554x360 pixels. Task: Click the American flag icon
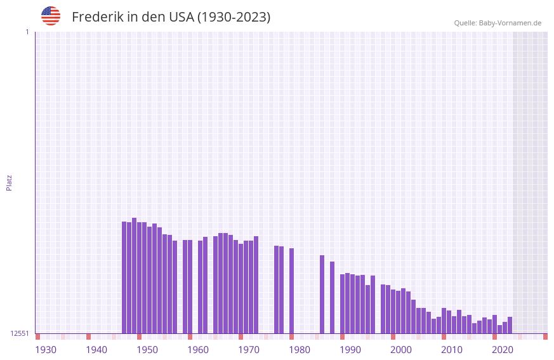pyautogui.click(x=51, y=16)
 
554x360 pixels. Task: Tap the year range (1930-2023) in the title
pyautogui.click(x=234, y=17)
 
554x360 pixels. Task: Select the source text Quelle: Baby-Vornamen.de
pyautogui.click(x=497, y=23)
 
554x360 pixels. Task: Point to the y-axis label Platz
pyautogui.click(x=9, y=182)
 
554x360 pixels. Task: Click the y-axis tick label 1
pyautogui.click(x=27, y=32)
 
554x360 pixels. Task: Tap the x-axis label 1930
pyautogui.click(x=46, y=349)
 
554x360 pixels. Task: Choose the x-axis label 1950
pyautogui.click(x=147, y=349)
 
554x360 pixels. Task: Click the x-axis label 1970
pyautogui.click(x=249, y=349)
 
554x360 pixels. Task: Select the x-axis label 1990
pyautogui.click(x=350, y=349)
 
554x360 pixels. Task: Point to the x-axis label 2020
pyautogui.click(x=503, y=349)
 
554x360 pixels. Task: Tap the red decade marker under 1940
pyautogui.click(x=88, y=337)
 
